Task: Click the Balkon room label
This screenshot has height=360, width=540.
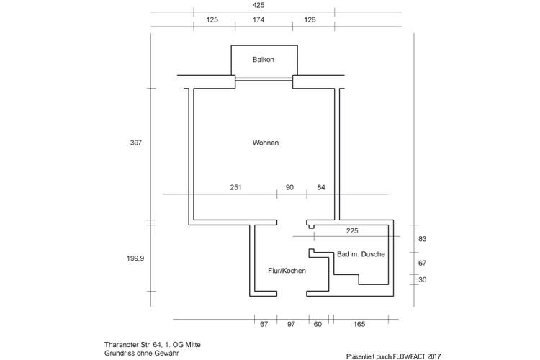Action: [x=263, y=60]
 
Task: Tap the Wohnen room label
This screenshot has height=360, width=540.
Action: [x=266, y=143]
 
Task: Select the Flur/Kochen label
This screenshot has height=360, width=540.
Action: [x=287, y=271]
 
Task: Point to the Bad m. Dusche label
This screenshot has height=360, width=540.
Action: [x=361, y=254]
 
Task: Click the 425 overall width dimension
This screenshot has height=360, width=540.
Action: [x=258, y=5]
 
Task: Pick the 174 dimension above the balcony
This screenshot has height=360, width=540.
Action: [x=258, y=19]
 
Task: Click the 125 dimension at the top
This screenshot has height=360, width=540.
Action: [x=212, y=19]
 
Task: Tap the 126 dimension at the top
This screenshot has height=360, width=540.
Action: [x=310, y=19]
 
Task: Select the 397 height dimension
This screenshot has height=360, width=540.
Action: [x=136, y=143]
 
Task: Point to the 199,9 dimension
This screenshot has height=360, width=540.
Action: [x=135, y=258]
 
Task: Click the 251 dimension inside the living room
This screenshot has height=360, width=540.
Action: [x=235, y=187]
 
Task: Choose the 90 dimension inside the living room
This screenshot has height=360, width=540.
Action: [x=289, y=187]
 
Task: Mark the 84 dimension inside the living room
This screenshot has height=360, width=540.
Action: [x=321, y=187]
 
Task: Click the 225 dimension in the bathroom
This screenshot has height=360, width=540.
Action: [x=352, y=231]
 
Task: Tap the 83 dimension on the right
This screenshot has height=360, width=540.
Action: [x=422, y=239]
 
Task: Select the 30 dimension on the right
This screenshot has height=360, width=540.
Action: [x=422, y=280]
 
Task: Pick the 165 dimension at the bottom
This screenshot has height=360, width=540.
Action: [x=359, y=324]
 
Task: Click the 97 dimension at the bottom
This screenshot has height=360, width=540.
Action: [x=291, y=324]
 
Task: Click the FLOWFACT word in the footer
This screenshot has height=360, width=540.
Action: [x=408, y=356]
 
